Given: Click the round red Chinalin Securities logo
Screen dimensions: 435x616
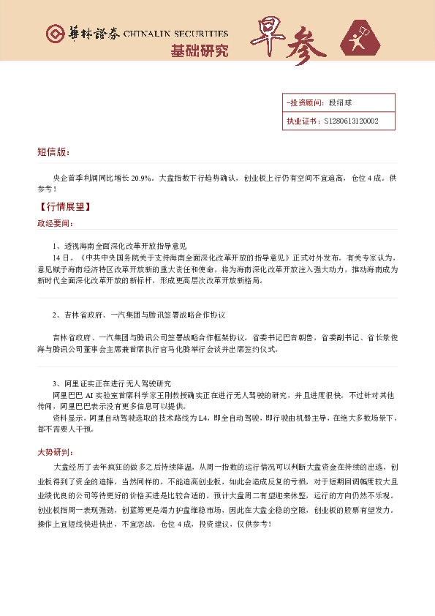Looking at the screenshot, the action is [54, 34].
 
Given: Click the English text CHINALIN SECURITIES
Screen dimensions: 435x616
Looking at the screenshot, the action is [181, 34].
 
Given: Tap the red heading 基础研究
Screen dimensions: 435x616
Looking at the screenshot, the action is [199, 51].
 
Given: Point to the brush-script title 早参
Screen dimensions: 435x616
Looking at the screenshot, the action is [289, 40].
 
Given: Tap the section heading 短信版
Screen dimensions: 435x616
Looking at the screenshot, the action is [53, 151].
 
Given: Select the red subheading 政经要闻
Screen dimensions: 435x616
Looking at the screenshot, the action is [55, 223].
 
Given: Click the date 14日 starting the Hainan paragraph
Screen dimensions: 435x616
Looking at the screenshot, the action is [60, 258].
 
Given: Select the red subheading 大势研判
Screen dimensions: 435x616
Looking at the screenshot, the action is [55, 451].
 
